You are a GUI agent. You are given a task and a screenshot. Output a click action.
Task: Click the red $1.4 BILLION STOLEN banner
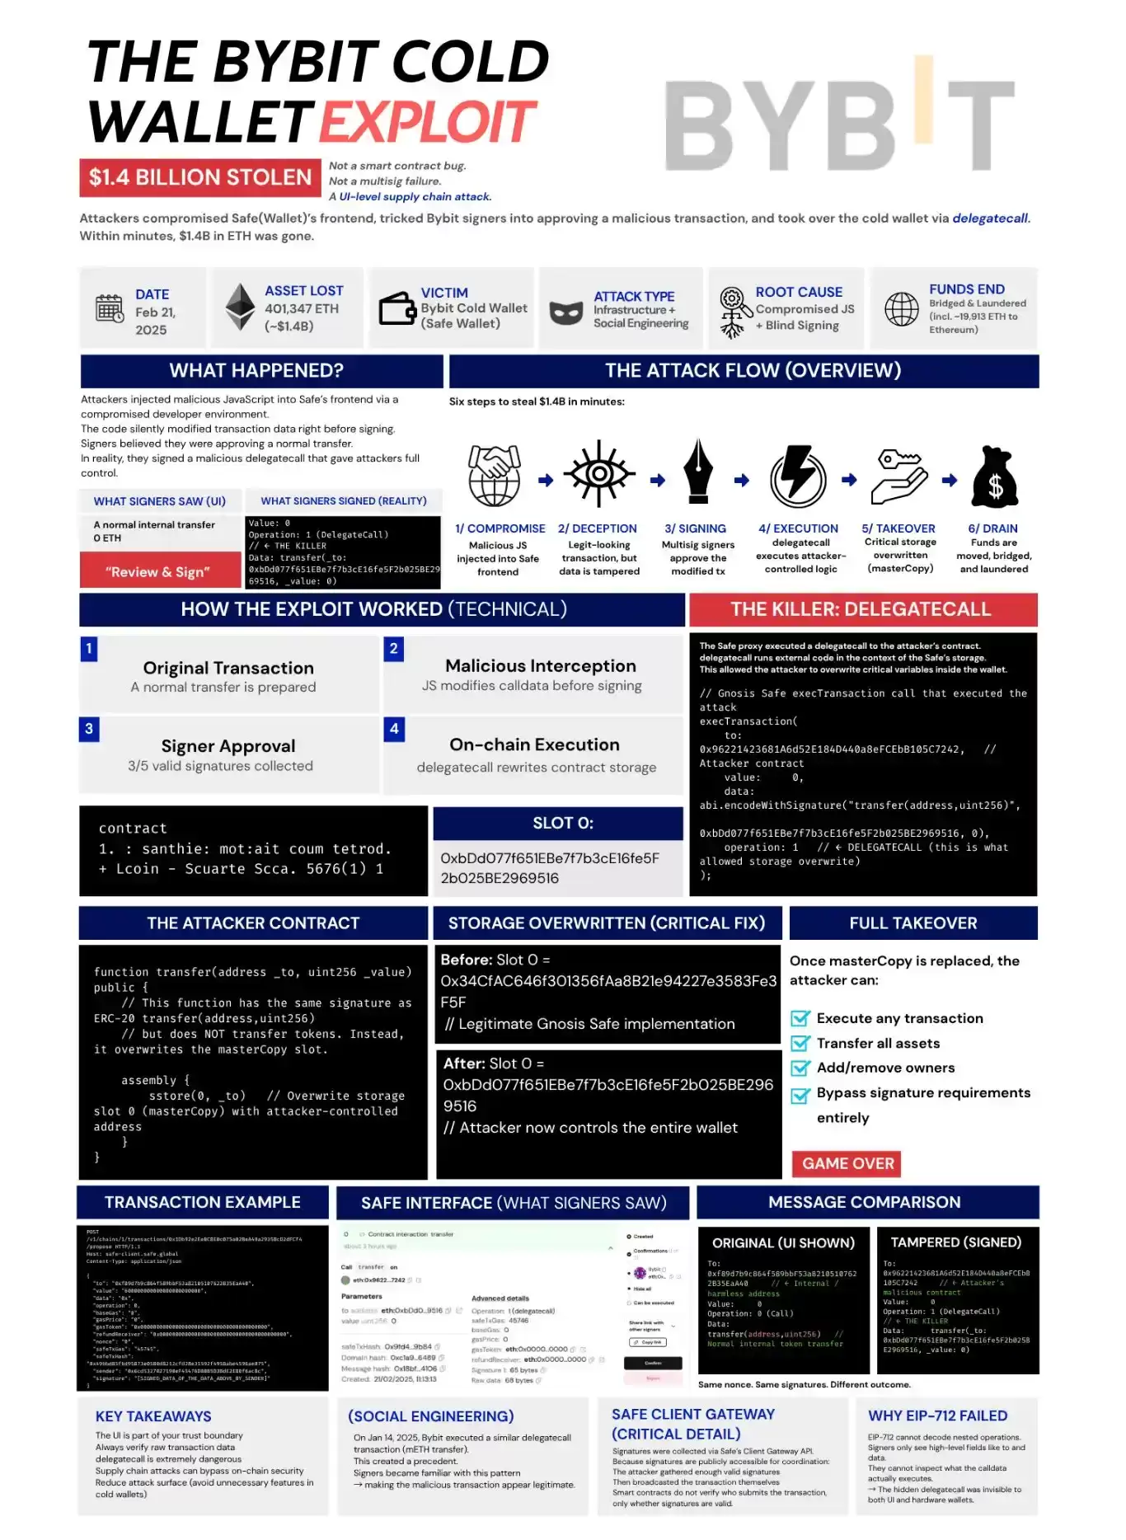click(x=199, y=177)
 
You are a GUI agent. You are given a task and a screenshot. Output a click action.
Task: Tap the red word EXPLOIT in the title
click(x=428, y=122)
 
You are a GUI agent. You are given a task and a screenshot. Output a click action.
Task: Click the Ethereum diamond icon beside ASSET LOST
click(x=241, y=308)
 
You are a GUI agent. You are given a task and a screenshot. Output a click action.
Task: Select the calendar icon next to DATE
click(x=110, y=308)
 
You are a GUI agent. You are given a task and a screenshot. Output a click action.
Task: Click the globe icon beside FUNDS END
click(x=901, y=309)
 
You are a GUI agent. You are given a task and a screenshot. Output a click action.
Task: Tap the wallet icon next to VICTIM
click(x=397, y=309)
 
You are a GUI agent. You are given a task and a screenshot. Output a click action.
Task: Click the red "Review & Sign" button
click(x=158, y=571)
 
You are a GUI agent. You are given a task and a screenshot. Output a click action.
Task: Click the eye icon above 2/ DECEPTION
click(x=599, y=474)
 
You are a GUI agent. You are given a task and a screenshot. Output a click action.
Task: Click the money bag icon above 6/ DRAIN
click(x=995, y=477)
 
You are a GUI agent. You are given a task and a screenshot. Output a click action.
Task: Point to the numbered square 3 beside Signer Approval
click(x=89, y=729)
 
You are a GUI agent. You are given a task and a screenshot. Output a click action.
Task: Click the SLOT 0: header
click(x=562, y=823)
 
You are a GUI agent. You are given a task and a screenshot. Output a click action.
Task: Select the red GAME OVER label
click(x=847, y=1163)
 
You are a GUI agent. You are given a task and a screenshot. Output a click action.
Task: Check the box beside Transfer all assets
click(x=800, y=1043)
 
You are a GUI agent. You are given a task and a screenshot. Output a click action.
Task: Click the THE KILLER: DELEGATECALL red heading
click(x=862, y=609)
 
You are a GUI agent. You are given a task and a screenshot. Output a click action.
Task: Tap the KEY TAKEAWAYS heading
click(x=153, y=1416)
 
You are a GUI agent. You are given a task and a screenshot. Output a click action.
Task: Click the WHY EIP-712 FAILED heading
click(x=937, y=1416)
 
